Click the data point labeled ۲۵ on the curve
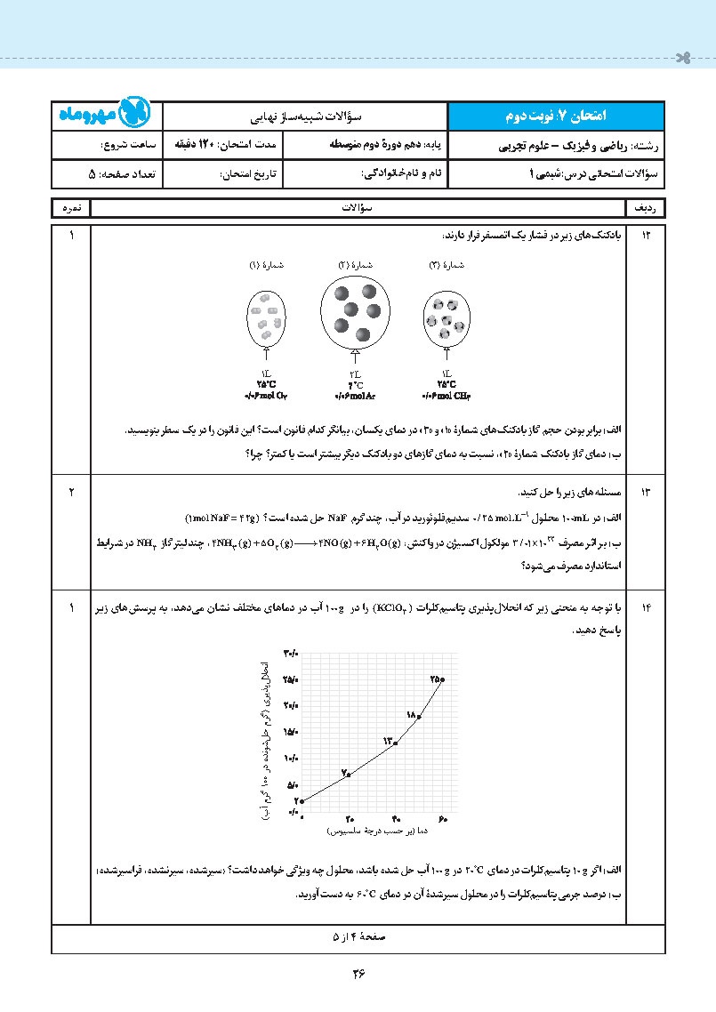pos(442,679)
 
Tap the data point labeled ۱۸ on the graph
pos(419,714)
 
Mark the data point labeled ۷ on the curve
pos(349,775)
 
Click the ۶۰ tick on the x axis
pos(443,818)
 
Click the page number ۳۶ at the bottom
pos(358,972)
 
